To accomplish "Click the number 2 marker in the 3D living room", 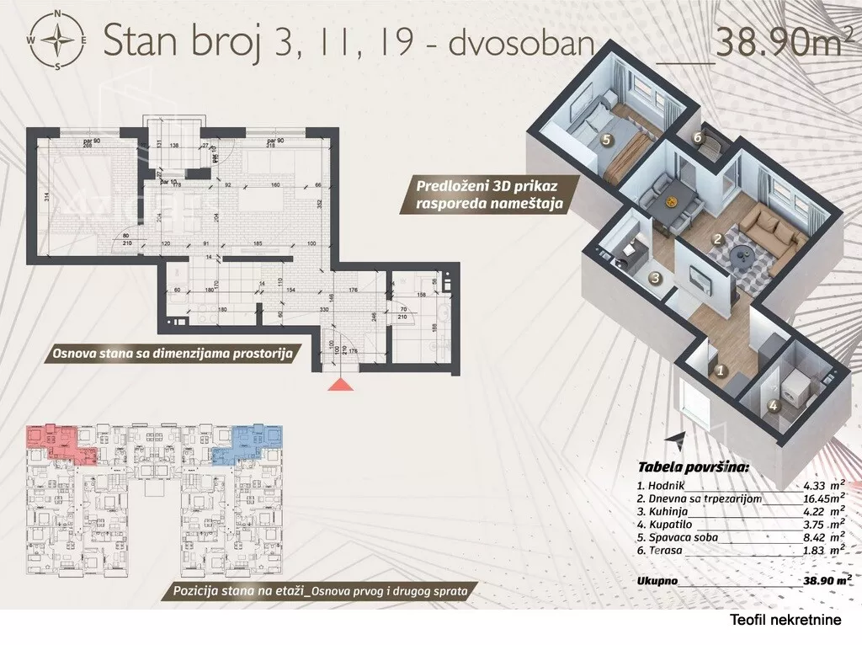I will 716,239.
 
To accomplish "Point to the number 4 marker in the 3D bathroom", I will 774,403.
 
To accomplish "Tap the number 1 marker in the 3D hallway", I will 720,368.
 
